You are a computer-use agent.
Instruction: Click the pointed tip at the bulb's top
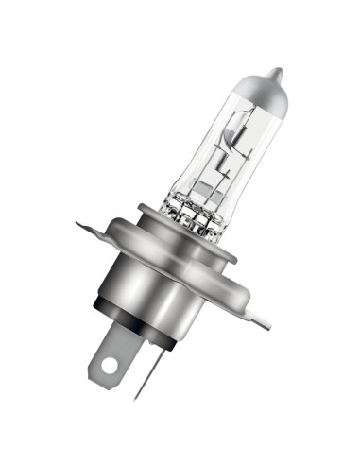pos(276,72)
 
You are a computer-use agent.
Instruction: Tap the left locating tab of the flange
pos(92,226)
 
